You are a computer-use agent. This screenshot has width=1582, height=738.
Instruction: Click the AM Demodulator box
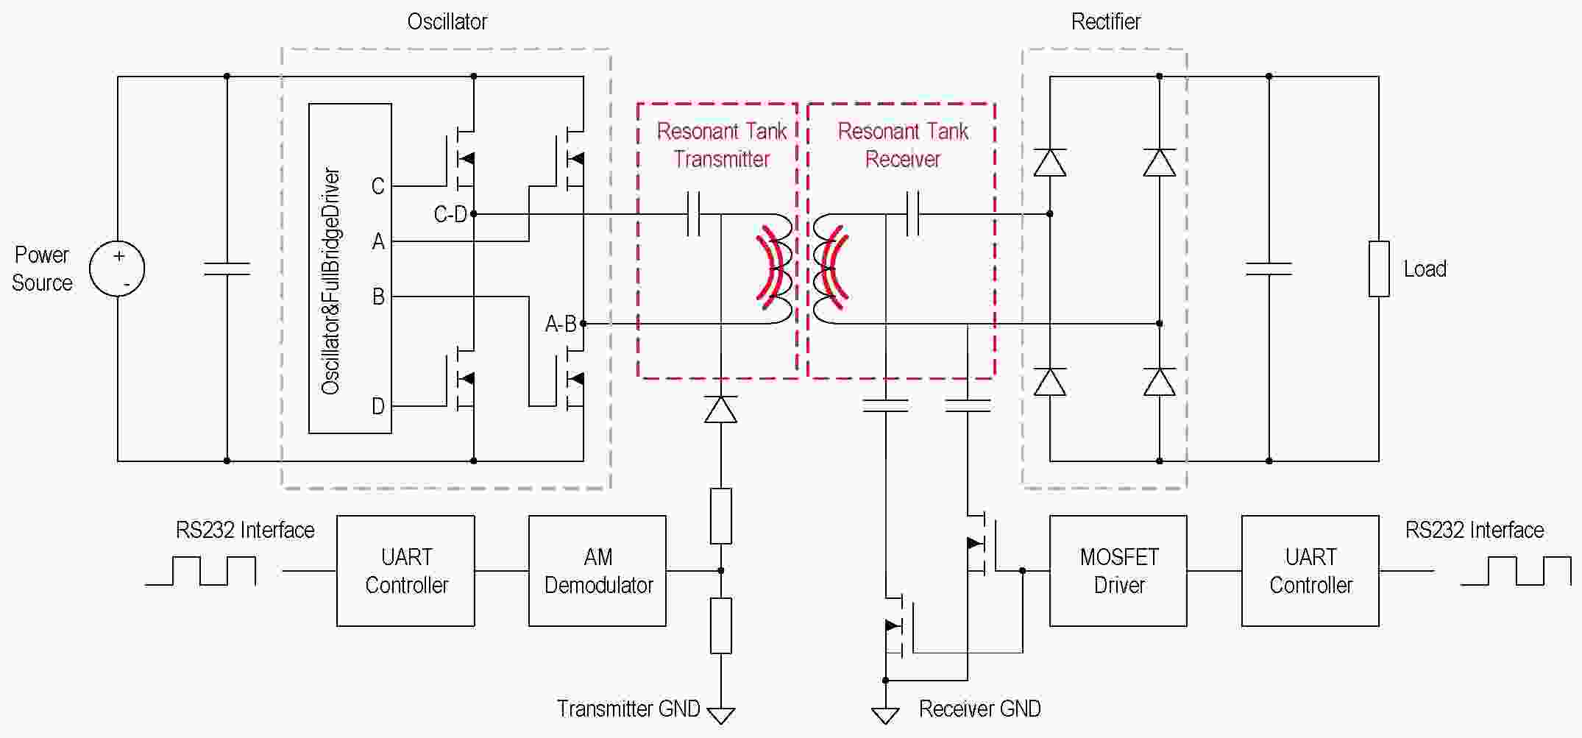pyautogui.click(x=597, y=571)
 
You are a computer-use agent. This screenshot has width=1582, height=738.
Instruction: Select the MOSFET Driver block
pyautogui.click(x=1118, y=571)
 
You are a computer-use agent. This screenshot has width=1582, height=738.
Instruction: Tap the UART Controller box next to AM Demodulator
pyautogui.click(x=405, y=571)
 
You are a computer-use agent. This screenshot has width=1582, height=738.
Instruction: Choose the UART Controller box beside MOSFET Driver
pyautogui.click(x=1310, y=571)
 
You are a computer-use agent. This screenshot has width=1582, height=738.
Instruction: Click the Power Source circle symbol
pyautogui.click(x=117, y=269)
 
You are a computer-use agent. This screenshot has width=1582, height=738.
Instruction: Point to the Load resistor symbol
pyautogui.click(x=1379, y=269)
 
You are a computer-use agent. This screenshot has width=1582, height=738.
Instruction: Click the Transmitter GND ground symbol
pyautogui.click(x=720, y=714)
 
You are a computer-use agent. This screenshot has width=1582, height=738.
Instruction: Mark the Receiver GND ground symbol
pyautogui.click(x=885, y=714)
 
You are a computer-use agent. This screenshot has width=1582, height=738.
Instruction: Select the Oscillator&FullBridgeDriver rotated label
pyautogui.click(x=331, y=281)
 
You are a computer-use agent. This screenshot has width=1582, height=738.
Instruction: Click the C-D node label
pyautogui.click(x=450, y=214)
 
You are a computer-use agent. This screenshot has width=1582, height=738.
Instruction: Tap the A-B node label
pyautogui.click(x=561, y=324)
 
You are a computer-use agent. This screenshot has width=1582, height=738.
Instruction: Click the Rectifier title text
pyautogui.click(x=1105, y=21)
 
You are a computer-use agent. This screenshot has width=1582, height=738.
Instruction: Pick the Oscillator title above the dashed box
pyautogui.click(x=447, y=21)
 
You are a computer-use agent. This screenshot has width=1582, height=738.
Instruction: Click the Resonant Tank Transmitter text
pyautogui.click(x=722, y=145)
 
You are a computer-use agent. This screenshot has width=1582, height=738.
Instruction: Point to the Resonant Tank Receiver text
pyautogui.click(x=903, y=145)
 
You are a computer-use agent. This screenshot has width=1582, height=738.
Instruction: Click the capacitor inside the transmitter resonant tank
pyautogui.click(x=693, y=214)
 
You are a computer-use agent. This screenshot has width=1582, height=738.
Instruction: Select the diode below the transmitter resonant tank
pyautogui.click(x=720, y=409)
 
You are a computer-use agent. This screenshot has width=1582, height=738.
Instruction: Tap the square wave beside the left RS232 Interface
pyautogui.click(x=200, y=570)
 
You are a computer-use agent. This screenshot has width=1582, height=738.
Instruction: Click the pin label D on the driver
pyautogui.click(x=378, y=406)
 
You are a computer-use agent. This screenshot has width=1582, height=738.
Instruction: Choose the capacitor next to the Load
pyautogui.click(x=1269, y=269)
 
